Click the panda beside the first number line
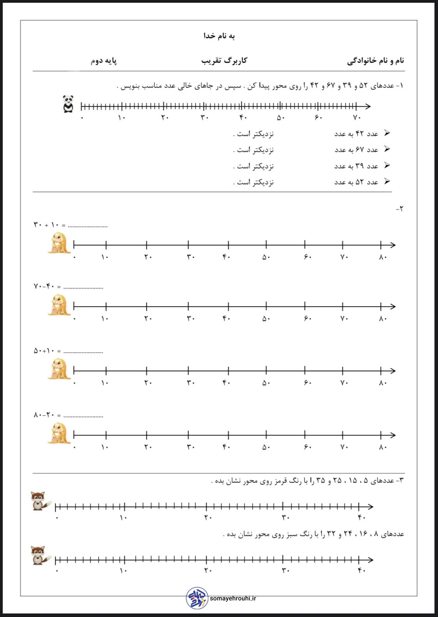click(68, 104)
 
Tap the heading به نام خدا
click(219, 36)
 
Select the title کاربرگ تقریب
click(224, 60)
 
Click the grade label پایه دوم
click(104, 61)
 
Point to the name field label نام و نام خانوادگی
click(375, 60)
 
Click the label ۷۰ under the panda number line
click(356, 118)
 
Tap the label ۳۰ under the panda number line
click(204, 118)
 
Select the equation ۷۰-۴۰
click(44, 287)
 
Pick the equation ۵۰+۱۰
click(44, 351)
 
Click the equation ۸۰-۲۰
click(44, 415)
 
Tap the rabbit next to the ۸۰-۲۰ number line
click(60, 434)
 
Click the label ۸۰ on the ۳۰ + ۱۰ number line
click(383, 257)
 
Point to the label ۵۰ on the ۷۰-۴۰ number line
click(266, 319)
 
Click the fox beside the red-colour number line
click(39, 501)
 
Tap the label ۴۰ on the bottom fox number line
click(361, 571)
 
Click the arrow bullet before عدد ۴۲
click(387, 133)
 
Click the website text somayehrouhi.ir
click(233, 598)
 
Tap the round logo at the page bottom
click(197, 598)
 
